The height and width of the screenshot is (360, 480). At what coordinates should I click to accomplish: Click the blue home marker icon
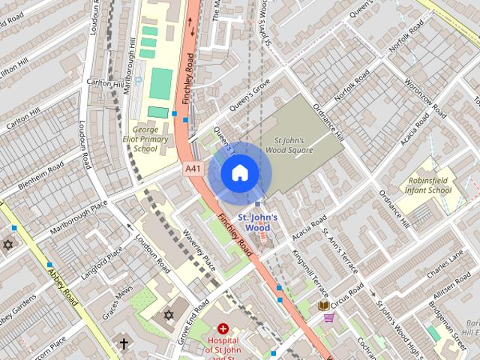point(238,172)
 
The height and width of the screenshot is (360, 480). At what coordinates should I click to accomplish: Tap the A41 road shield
point(193,169)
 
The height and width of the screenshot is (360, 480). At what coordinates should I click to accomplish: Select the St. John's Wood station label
point(258,223)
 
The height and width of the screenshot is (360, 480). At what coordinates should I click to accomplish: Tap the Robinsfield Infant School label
point(430,185)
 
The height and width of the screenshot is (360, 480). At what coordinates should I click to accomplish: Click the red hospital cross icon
point(223,328)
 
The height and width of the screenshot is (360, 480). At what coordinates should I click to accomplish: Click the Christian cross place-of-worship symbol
point(124,343)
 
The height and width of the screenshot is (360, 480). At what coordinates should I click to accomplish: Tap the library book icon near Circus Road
point(324,305)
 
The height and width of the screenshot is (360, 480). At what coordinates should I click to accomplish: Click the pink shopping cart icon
point(328,317)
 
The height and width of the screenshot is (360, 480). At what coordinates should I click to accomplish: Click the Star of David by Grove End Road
point(169,314)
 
